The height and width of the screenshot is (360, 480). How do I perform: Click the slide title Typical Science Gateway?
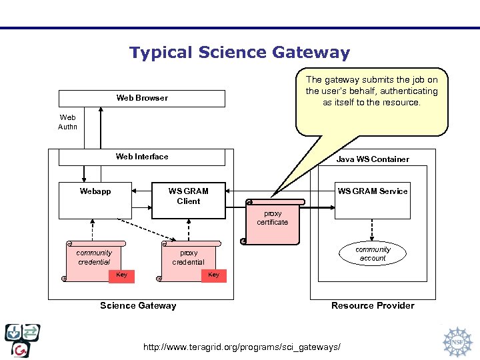click(x=239, y=53)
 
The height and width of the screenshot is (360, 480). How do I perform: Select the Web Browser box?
click(x=142, y=98)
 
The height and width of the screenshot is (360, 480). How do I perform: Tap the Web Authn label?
click(x=67, y=121)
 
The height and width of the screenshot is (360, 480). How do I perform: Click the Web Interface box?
click(x=142, y=157)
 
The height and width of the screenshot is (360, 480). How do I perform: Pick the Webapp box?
click(x=95, y=200)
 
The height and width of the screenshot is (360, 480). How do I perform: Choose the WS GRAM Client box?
click(x=189, y=200)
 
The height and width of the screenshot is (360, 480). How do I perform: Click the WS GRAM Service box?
click(x=372, y=200)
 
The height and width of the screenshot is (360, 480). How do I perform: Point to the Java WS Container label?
click(x=373, y=159)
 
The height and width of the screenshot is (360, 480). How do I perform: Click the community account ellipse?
click(x=373, y=254)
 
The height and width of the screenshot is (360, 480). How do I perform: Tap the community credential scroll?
click(x=94, y=257)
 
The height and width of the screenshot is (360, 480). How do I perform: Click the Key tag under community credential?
click(x=122, y=275)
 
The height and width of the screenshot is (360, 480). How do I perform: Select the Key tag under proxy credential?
click(x=214, y=275)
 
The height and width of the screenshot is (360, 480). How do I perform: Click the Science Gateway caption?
click(x=138, y=306)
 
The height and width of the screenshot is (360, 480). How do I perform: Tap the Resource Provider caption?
click(x=373, y=306)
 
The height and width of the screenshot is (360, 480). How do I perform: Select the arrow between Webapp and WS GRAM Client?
click(x=141, y=191)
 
